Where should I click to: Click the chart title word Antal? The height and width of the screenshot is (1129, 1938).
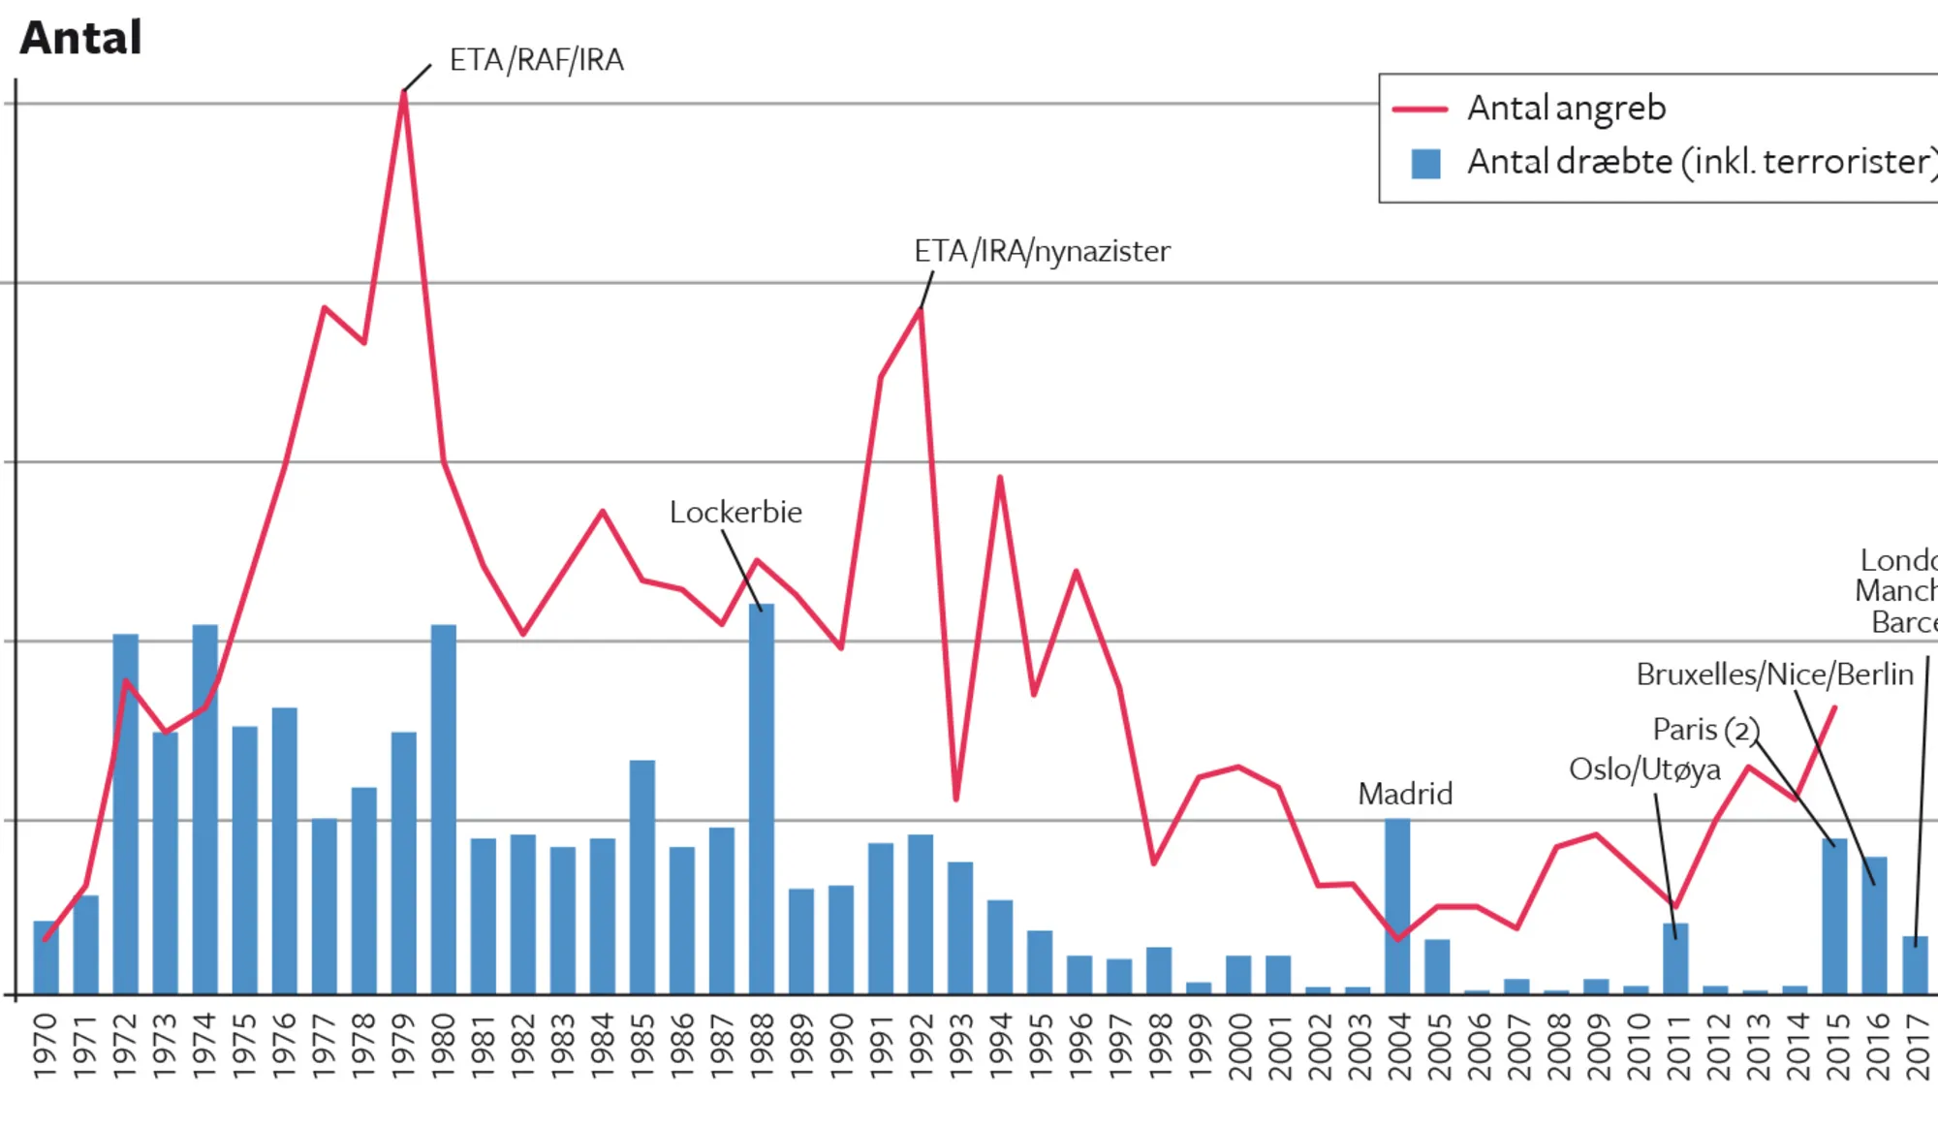[x=81, y=39]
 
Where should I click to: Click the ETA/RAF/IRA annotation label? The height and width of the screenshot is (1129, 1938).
[x=536, y=60]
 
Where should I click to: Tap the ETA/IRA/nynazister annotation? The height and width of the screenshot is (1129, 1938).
[x=1042, y=251]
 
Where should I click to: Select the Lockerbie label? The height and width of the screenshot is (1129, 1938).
[x=735, y=512]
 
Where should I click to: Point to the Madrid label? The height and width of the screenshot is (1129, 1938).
[x=1405, y=794]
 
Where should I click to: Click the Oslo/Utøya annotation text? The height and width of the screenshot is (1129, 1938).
[x=1644, y=769]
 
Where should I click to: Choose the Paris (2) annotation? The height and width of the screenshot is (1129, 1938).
[x=1704, y=729]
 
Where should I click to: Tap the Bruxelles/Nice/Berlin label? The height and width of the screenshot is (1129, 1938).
[x=1774, y=674]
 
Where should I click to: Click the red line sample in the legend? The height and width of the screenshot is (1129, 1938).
[x=1420, y=110]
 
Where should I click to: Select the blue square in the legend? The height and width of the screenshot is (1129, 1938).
[x=1425, y=163]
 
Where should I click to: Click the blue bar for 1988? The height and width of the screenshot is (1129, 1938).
[x=762, y=800]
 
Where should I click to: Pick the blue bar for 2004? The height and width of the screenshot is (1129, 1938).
[x=1397, y=906]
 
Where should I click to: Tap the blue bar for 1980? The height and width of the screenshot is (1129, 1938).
[x=444, y=809]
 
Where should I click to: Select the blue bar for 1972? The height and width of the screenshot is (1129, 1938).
[x=126, y=814]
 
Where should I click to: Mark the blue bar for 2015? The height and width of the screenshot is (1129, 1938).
[x=1834, y=916]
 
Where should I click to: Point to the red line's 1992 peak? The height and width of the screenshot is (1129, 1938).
[x=921, y=309]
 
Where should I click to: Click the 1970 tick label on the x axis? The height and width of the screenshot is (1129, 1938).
[x=46, y=1046]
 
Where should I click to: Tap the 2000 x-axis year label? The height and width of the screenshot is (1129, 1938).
[x=1238, y=1046]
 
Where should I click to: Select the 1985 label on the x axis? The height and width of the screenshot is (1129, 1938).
[x=642, y=1046]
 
